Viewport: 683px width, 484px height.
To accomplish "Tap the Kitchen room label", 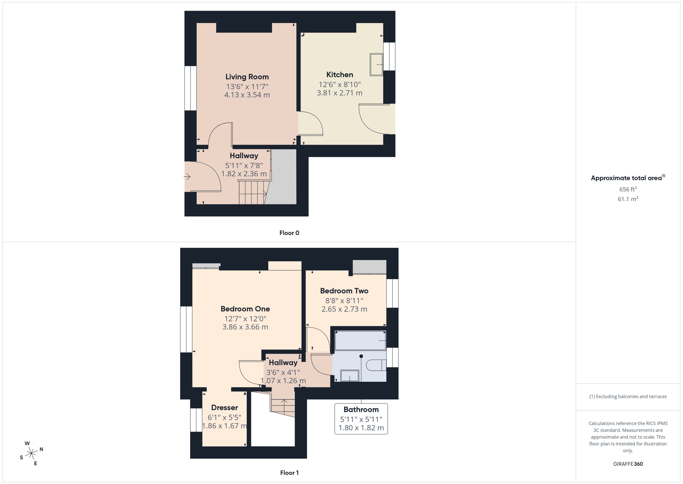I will point(340,75).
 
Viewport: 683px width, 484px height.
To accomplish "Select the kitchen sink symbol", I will point(376,64).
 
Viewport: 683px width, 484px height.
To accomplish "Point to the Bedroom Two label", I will point(344,291).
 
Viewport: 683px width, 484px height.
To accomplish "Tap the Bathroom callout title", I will point(361,410).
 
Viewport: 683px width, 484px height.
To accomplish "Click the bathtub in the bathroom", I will point(360,340).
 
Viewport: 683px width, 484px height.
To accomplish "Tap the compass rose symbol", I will point(31,454).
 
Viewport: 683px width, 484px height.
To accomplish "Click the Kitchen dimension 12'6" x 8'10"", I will point(340,85).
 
